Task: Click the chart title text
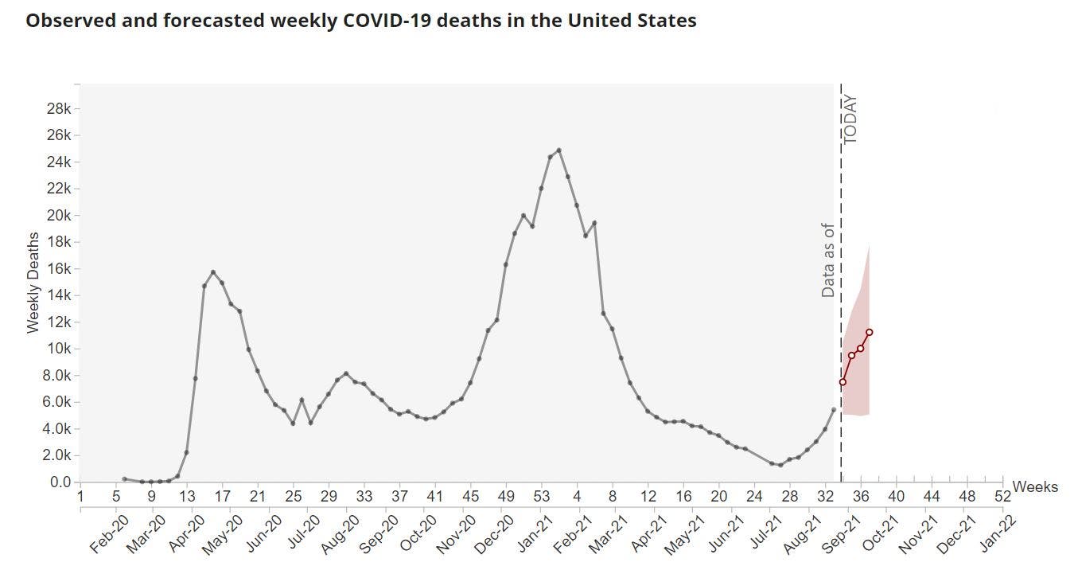pyautogui.click(x=361, y=21)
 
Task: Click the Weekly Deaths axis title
pyautogui.click(x=33, y=283)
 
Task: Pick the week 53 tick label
pyautogui.click(x=541, y=497)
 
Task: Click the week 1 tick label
pyautogui.click(x=80, y=497)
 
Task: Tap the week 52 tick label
pyautogui.click(x=1002, y=497)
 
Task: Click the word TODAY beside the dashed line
pyautogui.click(x=850, y=119)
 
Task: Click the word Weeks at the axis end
pyautogui.click(x=1035, y=486)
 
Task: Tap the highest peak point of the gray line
pyautogui.click(x=559, y=150)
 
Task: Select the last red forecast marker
pyautogui.click(x=870, y=332)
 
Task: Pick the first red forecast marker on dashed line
pyautogui.click(x=843, y=382)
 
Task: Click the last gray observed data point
pyautogui.click(x=834, y=409)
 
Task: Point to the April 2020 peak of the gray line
pyautogui.click(x=213, y=272)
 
